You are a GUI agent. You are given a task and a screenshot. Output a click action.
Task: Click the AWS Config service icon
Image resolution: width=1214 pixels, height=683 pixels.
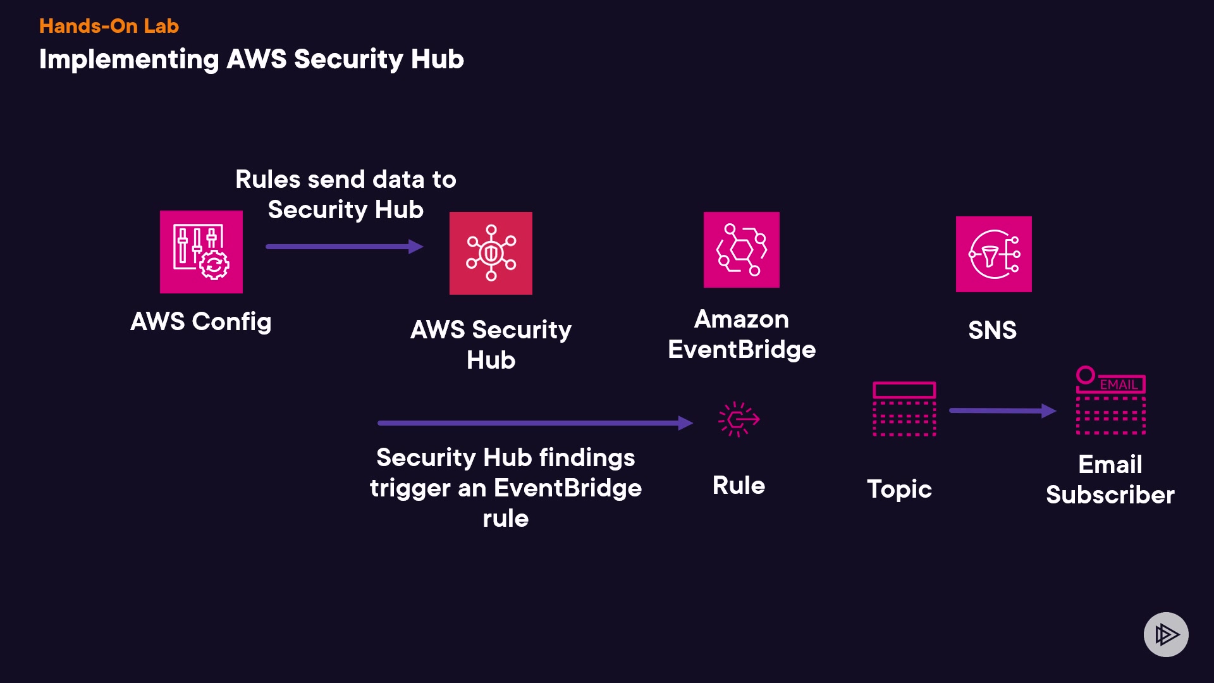point(201,252)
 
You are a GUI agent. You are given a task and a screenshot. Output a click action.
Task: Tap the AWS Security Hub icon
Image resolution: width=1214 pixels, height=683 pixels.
point(491,253)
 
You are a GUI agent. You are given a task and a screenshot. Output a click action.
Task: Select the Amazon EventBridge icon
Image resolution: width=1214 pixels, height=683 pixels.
point(741,250)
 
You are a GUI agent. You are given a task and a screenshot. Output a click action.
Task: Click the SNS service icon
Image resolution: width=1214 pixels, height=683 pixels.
point(993,254)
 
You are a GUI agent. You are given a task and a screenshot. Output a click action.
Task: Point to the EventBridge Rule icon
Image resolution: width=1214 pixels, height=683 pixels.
point(739,419)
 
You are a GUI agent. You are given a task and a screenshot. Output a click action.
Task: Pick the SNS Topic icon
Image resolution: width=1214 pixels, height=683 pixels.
point(904,409)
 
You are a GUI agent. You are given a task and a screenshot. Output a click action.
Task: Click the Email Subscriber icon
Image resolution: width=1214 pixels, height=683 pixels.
point(1111,401)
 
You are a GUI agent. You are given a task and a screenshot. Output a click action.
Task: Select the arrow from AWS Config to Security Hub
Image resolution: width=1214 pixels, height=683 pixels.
point(344,247)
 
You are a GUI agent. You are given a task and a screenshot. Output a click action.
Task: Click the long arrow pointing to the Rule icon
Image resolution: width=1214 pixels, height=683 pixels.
point(534,423)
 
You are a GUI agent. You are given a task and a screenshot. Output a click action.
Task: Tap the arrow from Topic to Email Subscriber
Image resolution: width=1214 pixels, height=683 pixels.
point(1002,411)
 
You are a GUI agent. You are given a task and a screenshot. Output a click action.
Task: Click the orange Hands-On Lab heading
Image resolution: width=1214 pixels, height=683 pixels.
point(109,26)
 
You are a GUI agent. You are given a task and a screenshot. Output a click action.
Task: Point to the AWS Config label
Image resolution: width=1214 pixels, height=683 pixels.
point(200,322)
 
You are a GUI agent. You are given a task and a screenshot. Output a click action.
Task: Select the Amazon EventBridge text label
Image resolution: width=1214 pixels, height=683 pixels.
point(742,335)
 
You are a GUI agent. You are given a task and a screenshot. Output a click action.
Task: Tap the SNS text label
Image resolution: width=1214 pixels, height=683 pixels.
point(992,330)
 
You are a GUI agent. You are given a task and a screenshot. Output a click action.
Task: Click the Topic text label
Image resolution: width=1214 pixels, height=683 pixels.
point(899,489)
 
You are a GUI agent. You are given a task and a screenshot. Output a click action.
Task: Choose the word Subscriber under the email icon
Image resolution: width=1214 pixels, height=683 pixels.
point(1110,495)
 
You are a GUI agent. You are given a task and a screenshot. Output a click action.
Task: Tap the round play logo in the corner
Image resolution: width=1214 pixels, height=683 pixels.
point(1166,634)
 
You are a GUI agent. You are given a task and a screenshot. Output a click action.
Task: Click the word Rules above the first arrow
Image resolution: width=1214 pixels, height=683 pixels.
point(267,180)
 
